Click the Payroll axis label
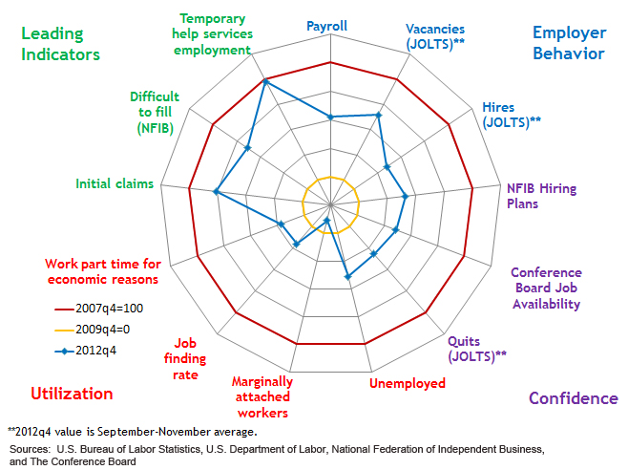click(x=326, y=26)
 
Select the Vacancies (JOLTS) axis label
click(x=434, y=37)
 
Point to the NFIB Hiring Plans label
click(x=541, y=196)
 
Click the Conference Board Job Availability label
click(x=545, y=288)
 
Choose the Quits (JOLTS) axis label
click(x=476, y=348)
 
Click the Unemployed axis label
click(x=407, y=383)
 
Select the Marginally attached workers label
click(x=262, y=396)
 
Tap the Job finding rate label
click(x=186, y=358)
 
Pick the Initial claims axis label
click(x=115, y=183)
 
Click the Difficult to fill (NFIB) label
click(x=154, y=112)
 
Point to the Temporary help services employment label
click(x=212, y=33)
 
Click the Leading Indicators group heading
click(x=60, y=44)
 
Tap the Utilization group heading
click(x=72, y=394)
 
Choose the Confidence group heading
click(x=573, y=398)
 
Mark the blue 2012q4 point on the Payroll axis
click(x=330, y=117)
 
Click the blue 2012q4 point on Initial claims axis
click(x=217, y=193)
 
